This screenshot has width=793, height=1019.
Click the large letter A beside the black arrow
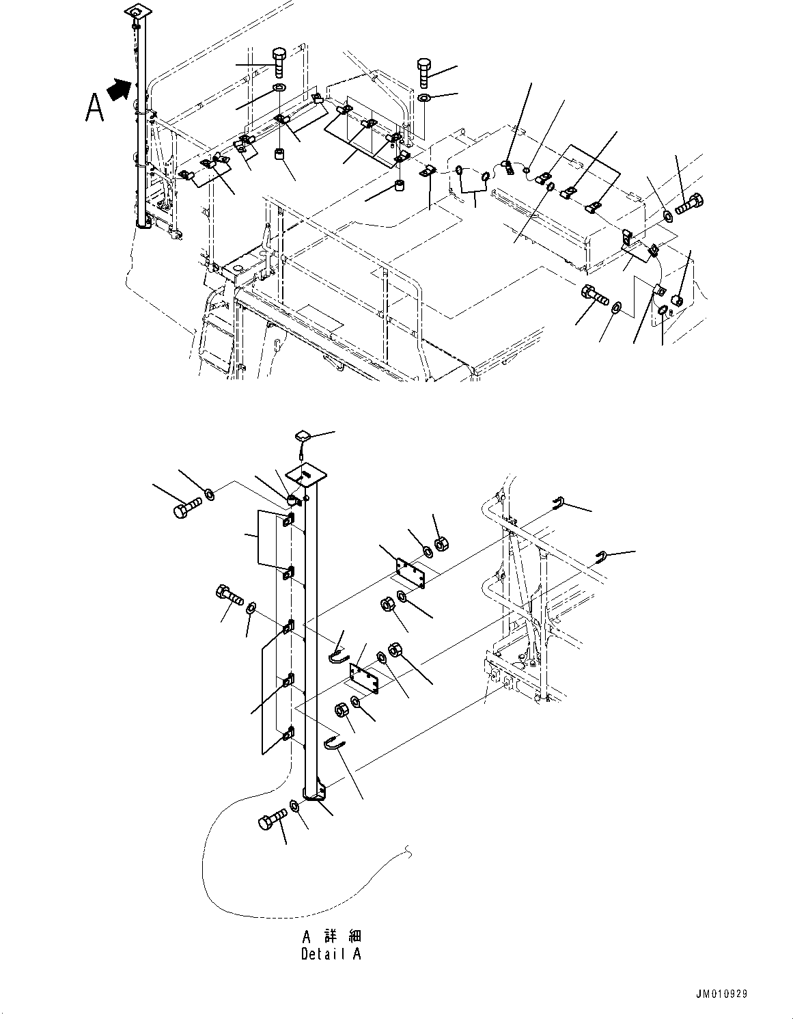point(95,107)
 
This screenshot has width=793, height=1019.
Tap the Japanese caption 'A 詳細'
point(331,936)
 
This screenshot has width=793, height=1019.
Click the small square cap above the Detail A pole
point(303,436)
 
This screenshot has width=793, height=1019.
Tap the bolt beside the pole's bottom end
point(273,819)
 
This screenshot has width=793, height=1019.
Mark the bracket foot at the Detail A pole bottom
point(317,794)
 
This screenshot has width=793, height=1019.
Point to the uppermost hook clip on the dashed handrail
point(557,503)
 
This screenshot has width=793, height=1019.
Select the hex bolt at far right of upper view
point(690,203)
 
